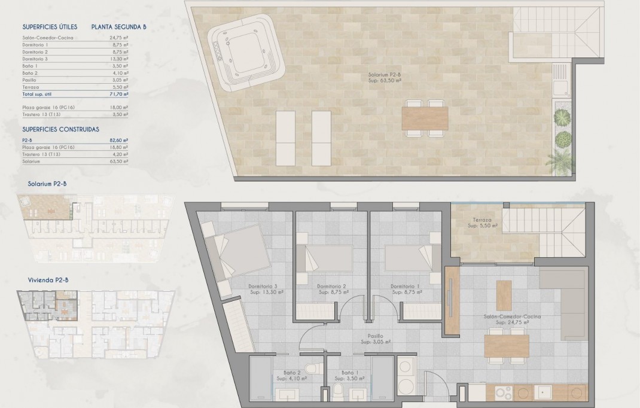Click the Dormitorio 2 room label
[x=332, y=289]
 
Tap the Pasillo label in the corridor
[x=376, y=339]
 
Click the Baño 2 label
[x=291, y=375]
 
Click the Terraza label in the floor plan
[x=481, y=223]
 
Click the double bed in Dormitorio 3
[x=236, y=251]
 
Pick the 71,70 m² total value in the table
[x=121, y=95]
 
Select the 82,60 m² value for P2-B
[x=121, y=139]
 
